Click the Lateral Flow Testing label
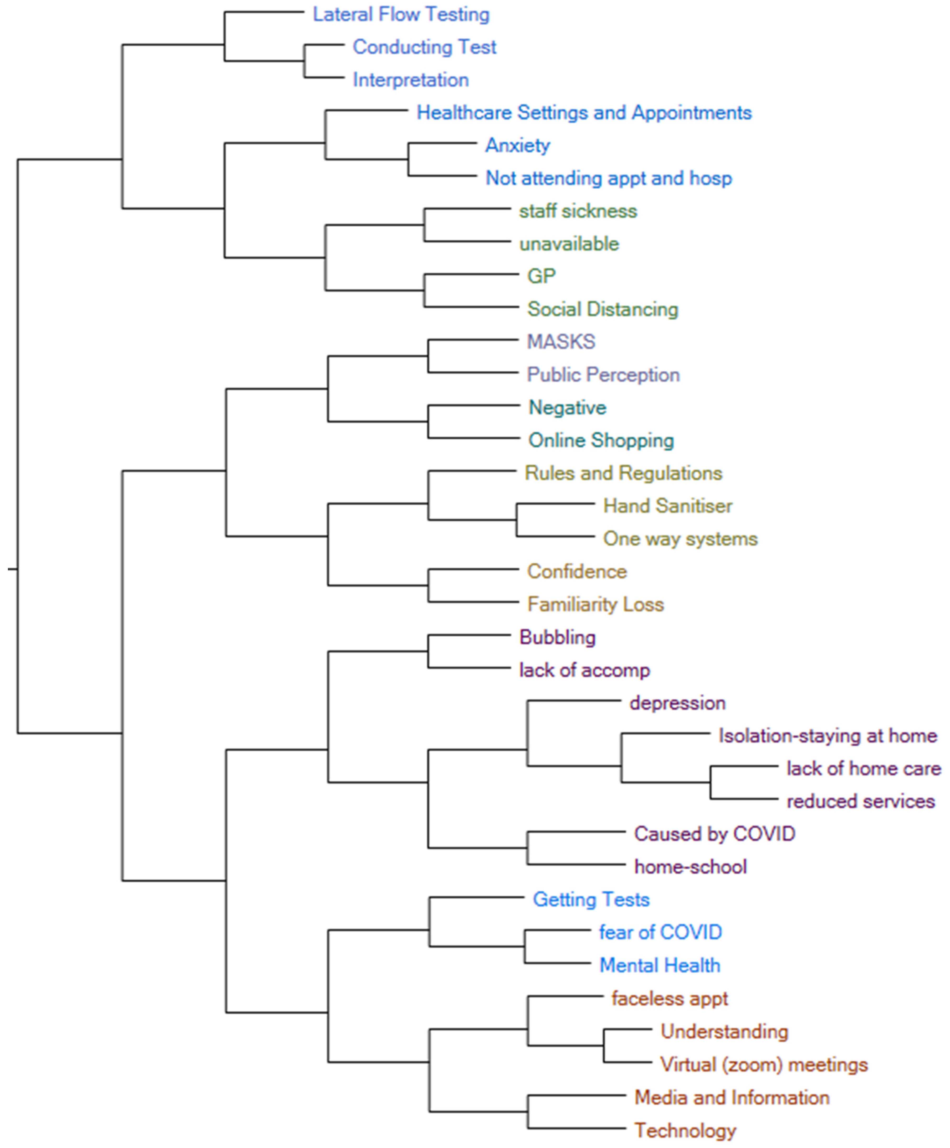[x=401, y=15]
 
